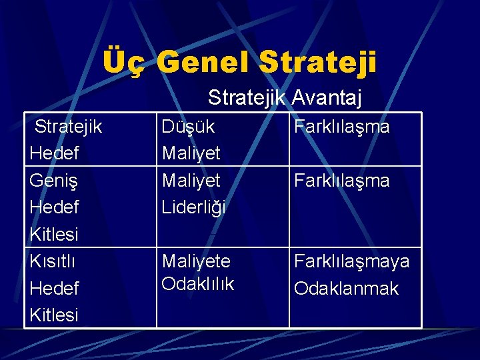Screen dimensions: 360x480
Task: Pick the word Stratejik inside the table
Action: coord(68,126)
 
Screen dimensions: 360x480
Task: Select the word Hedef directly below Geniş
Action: coord(55,207)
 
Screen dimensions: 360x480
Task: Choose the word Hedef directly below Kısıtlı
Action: coord(55,288)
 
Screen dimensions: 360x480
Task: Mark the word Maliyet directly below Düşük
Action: coord(191,153)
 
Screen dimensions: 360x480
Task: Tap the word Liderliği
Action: coord(194,207)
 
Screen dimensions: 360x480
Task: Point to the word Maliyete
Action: coord(196,261)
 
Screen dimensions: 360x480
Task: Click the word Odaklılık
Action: coord(198,283)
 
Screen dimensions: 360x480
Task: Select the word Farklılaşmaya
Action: coord(352,261)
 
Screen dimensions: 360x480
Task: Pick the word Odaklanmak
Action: coord(346,289)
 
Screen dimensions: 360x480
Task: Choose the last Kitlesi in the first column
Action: coord(55,315)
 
